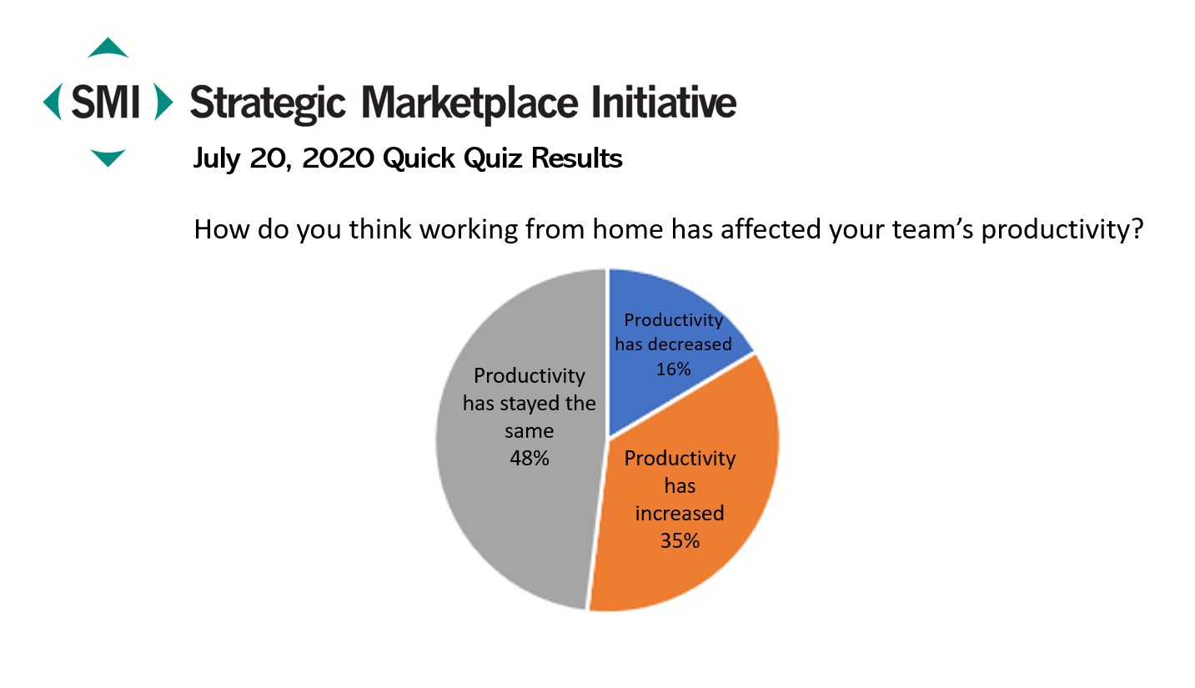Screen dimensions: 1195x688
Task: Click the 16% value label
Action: point(673,369)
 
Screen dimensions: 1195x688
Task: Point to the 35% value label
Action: point(680,540)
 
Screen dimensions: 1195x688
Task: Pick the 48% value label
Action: point(530,458)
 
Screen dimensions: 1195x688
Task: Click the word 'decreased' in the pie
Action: point(690,344)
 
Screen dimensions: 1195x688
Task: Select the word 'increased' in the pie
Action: point(680,513)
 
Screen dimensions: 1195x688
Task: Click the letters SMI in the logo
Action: point(106,102)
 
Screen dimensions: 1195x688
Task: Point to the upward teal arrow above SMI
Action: point(108,48)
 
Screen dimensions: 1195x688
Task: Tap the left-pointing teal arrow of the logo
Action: point(53,102)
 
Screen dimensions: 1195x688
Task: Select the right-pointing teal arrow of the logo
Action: point(163,102)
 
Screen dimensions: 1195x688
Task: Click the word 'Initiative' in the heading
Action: point(664,102)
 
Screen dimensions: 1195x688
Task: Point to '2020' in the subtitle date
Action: point(338,158)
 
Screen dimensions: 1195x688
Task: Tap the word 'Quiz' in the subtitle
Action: point(492,158)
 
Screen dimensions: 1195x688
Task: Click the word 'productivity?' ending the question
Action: point(1062,230)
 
